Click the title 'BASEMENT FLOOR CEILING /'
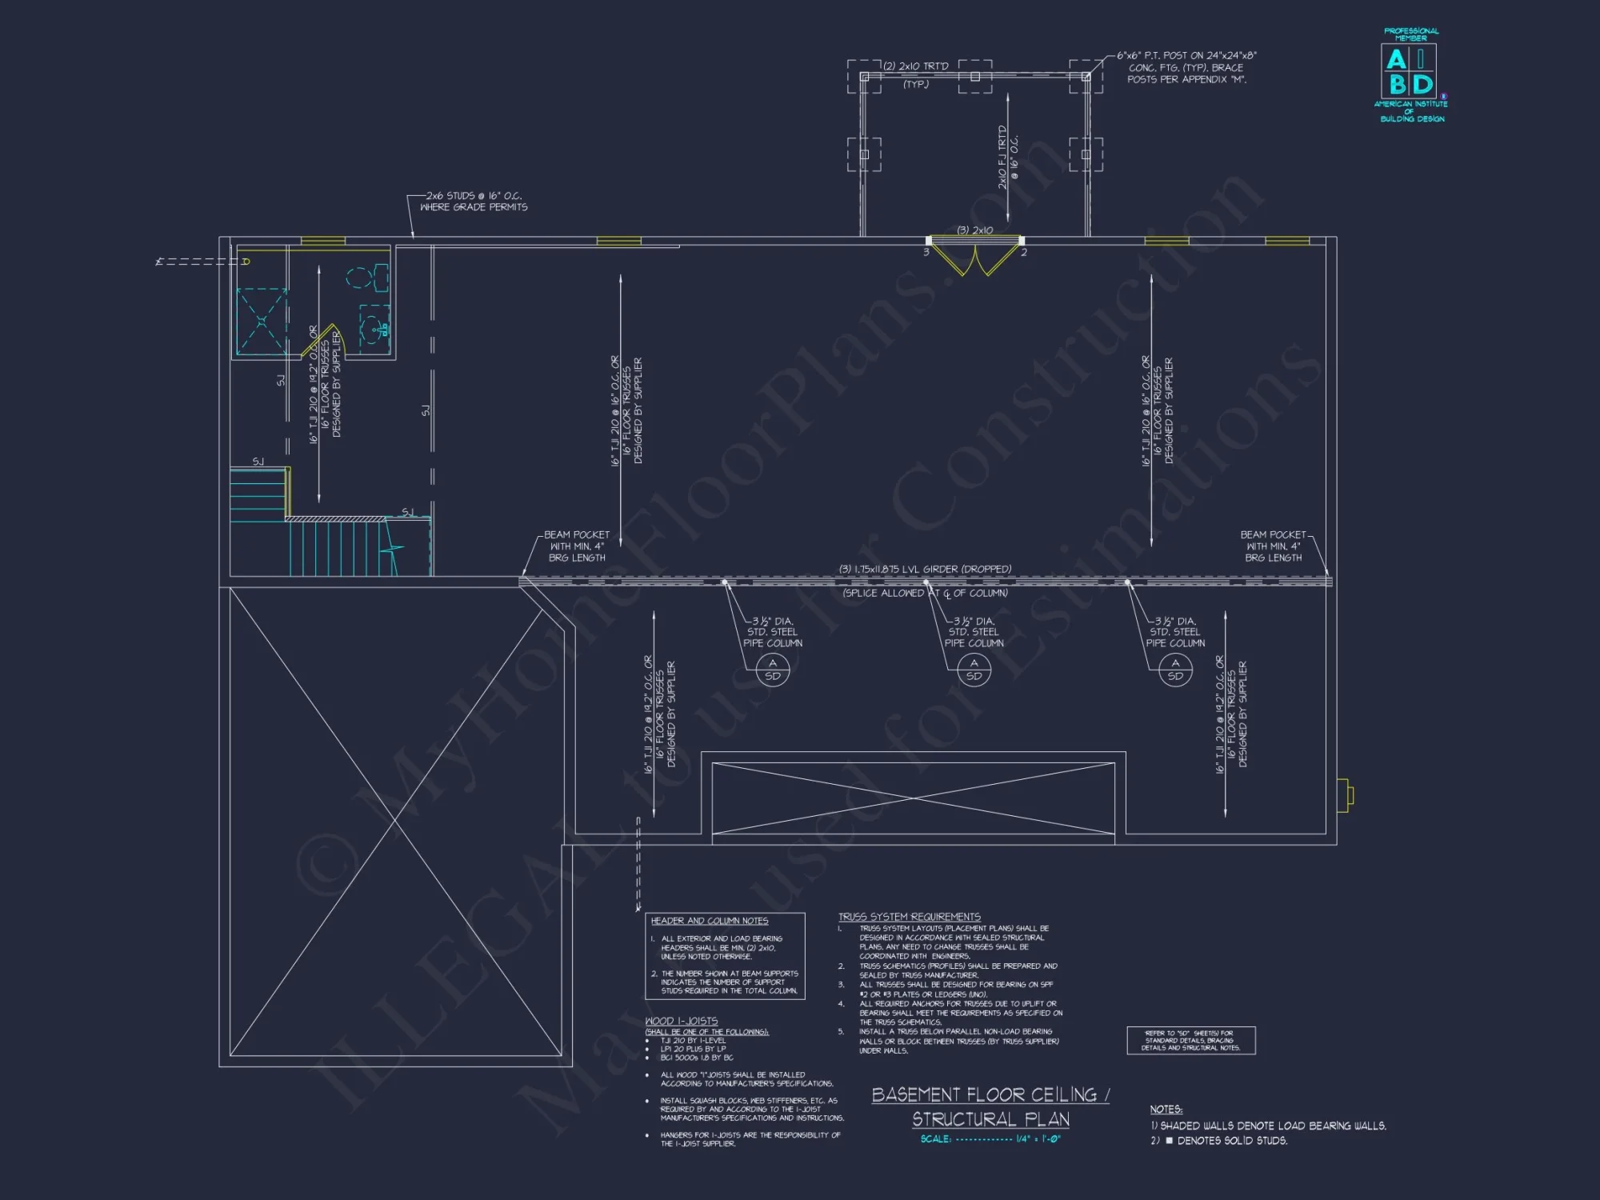point(990,1095)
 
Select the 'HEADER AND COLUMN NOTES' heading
point(709,921)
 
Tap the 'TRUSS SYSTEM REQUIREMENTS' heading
point(909,917)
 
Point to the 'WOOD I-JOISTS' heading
point(681,1022)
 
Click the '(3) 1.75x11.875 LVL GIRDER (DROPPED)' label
point(925,570)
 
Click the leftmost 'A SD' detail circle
point(772,670)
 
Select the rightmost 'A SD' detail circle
point(1174,670)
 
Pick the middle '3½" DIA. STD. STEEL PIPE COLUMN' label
point(974,632)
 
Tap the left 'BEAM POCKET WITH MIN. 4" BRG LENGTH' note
point(576,546)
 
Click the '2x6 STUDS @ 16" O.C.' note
point(474,201)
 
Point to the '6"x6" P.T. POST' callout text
point(1186,67)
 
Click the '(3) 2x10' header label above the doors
point(974,230)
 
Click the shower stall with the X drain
point(262,322)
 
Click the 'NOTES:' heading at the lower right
point(1166,1110)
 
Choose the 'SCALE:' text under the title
point(935,1139)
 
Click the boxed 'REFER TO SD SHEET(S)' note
point(1190,1040)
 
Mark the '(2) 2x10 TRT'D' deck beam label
point(916,66)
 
